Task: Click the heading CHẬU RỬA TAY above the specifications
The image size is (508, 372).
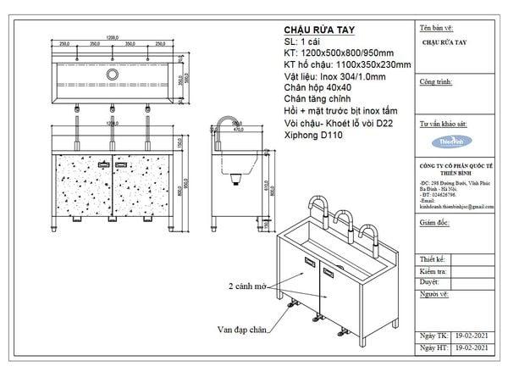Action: tap(314, 28)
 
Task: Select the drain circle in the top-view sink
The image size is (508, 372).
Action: tap(110, 75)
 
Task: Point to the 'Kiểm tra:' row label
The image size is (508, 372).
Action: tap(433, 269)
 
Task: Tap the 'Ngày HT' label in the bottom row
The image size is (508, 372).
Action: tap(432, 348)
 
